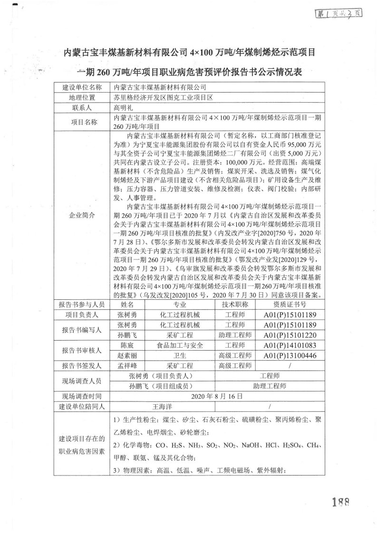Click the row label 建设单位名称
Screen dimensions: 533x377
click(82, 88)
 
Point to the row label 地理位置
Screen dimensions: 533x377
click(82, 98)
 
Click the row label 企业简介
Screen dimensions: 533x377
click(82, 215)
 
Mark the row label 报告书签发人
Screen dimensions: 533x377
click(82, 366)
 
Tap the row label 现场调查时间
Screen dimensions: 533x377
click(82, 396)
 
